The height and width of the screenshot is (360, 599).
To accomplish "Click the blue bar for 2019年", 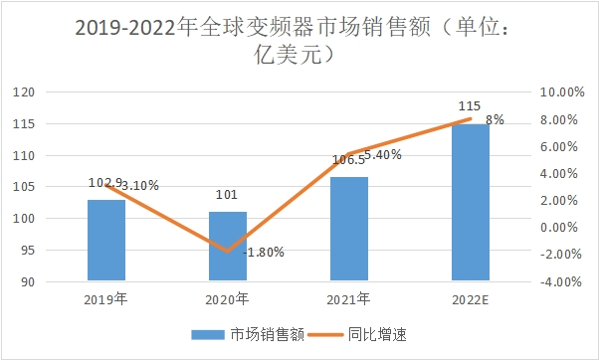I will (x=106, y=241).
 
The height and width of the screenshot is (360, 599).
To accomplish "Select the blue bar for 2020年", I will (x=228, y=247).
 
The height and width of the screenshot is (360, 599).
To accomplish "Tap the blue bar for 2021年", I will (x=349, y=229).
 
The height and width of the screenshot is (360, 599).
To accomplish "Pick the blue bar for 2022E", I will (x=471, y=203).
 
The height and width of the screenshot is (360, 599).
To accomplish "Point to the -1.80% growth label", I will (x=264, y=253).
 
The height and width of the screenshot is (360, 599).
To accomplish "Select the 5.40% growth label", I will (x=382, y=154).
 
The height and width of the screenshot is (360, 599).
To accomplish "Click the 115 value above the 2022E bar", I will (x=470, y=105).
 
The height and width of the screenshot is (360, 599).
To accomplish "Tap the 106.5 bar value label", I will (x=347, y=160).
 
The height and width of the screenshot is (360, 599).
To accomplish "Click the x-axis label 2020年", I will (x=228, y=297).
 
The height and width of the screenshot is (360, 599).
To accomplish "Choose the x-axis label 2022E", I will (x=471, y=297).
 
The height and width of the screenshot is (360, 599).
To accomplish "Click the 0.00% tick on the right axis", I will (x=559, y=228).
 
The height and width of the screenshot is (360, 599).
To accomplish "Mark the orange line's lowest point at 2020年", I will (x=228, y=252).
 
